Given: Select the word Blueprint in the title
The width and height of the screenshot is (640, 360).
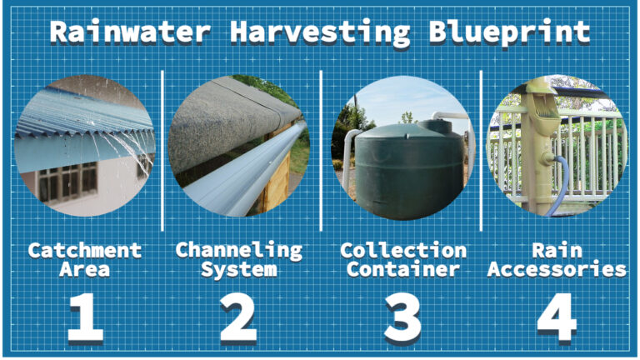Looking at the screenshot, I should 510,32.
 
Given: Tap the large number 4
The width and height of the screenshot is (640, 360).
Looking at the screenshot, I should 557,317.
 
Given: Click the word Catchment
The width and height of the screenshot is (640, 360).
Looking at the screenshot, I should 84,250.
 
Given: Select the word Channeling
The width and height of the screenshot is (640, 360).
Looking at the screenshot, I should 238,250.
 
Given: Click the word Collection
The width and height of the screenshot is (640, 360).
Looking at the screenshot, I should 403,250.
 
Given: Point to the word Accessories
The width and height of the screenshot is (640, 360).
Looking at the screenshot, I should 557,269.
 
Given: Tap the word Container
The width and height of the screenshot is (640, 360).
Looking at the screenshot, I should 403,269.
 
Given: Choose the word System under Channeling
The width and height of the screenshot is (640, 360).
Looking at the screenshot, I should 238,269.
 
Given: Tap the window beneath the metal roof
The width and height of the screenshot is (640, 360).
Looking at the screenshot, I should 71,182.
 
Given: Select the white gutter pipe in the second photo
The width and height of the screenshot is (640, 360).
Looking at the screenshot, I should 242,167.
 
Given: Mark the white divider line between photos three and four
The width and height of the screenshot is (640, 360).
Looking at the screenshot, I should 481,150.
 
